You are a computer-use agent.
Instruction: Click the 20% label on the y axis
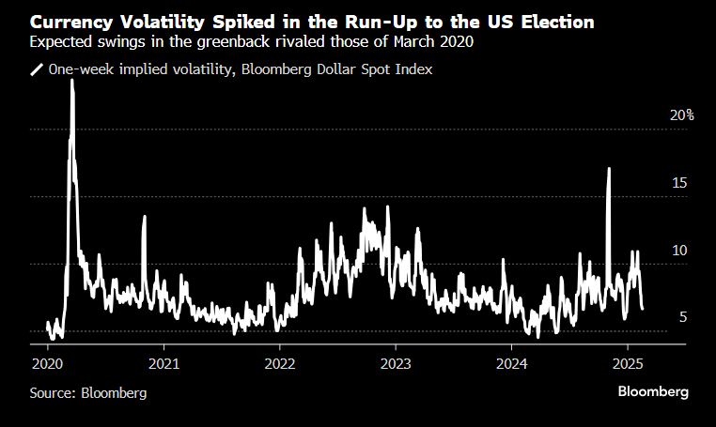(x=681, y=115)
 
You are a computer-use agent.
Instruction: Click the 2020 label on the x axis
(x=48, y=362)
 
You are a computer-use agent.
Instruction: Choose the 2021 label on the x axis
(x=163, y=362)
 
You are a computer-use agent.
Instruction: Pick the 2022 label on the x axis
(x=280, y=362)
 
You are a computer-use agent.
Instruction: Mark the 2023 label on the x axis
(x=396, y=362)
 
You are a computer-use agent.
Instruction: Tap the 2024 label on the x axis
(x=511, y=362)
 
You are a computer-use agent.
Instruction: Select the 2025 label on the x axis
(x=627, y=362)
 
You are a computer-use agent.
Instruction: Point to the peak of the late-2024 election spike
(x=609, y=169)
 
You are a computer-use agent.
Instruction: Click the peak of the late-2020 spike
(x=145, y=217)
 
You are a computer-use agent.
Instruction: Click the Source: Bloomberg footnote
(x=88, y=393)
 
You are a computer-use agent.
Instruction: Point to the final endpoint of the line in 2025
(x=643, y=308)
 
